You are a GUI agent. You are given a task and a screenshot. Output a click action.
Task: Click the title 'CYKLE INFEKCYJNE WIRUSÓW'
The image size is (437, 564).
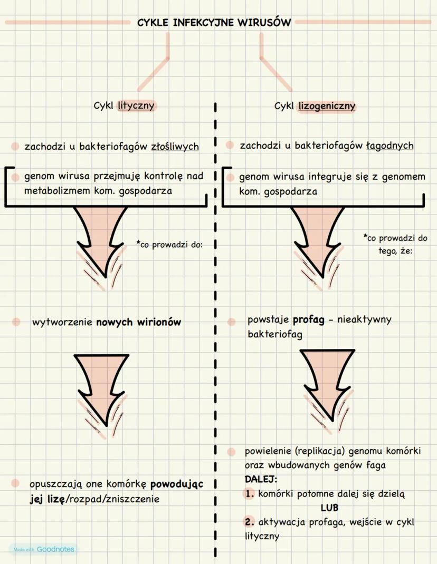(x=214, y=23)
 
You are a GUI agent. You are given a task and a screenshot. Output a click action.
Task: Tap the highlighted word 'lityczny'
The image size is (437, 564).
(x=136, y=105)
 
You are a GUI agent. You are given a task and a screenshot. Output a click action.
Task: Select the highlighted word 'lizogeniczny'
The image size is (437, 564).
(x=327, y=106)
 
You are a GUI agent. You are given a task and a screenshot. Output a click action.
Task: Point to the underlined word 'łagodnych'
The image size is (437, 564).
(x=390, y=145)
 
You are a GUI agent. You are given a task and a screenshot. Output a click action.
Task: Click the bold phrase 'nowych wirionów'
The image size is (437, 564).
(x=138, y=322)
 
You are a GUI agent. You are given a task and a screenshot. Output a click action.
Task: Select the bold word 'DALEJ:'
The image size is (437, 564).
(x=261, y=480)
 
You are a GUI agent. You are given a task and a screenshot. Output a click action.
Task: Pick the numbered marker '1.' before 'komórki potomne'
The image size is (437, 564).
(x=250, y=494)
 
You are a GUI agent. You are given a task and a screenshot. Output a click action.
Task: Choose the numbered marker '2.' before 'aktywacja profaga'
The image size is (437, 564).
(x=250, y=522)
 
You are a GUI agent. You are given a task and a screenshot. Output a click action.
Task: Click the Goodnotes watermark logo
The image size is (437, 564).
(x=42, y=549)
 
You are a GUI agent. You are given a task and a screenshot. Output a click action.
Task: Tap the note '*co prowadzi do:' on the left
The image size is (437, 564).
(x=169, y=245)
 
